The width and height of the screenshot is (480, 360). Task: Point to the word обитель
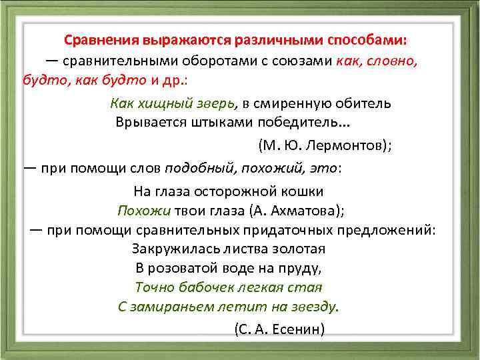coord(366,103)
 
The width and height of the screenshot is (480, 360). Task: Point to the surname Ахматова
coord(299,211)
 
